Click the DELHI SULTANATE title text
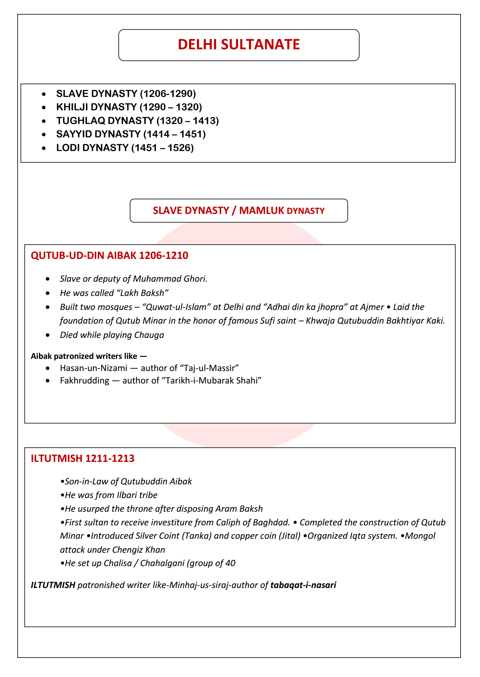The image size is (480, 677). [239, 45]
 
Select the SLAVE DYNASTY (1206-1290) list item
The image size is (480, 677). [126, 94]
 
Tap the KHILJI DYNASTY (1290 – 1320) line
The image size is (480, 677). [129, 107]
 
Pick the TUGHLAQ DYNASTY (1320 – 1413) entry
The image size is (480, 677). [137, 121]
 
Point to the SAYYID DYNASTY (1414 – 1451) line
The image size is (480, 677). [131, 134]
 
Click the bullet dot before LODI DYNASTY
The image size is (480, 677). [44, 148]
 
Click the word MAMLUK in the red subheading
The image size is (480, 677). [261, 211]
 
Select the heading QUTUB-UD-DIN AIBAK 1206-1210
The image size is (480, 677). [109, 256]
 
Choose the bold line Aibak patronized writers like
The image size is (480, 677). [89, 356]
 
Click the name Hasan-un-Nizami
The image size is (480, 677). [94, 368]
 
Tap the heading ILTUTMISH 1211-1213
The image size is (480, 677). [83, 459]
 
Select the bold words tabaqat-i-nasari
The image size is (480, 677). [303, 585]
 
